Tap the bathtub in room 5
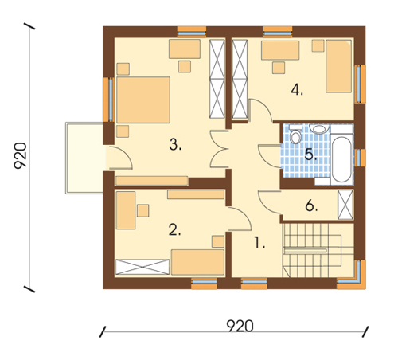coord(341,158)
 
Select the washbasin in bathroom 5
coord(319,129)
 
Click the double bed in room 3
coord(143,100)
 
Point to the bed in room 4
coord(339,66)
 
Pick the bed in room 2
coord(197,262)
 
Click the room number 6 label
coord(311,205)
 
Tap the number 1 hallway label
coord(259,243)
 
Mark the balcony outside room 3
coord(84,158)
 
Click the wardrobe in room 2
coord(142,267)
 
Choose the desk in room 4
coord(280,50)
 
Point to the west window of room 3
coord(109,100)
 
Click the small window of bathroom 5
coord(360,158)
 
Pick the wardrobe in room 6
coord(345,205)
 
